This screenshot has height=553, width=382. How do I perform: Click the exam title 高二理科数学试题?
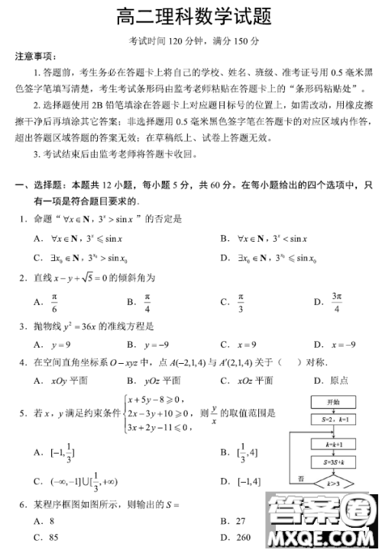click(x=193, y=17)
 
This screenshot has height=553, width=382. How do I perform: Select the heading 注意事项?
click(x=34, y=57)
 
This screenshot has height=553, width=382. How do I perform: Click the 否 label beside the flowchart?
click(x=301, y=477)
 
